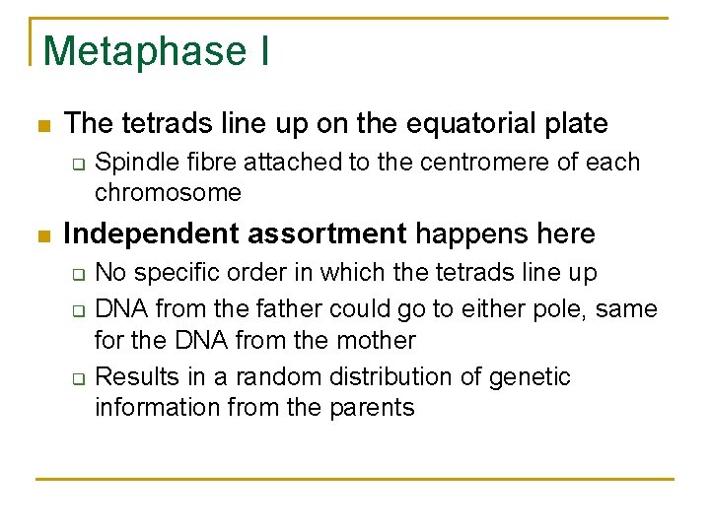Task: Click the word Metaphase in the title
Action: tap(145, 51)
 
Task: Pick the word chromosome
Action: tap(168, 192)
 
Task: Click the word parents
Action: tap(373, 407)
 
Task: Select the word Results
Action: tap(133, 377)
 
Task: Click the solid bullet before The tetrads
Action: tap(40, 126)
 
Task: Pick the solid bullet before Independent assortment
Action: tap(40, 236)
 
